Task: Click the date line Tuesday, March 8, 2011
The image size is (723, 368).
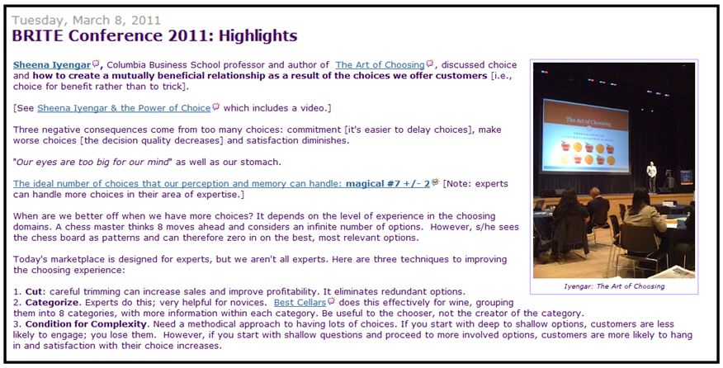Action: (86, 21)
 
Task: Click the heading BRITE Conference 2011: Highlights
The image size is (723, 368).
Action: (155, 35)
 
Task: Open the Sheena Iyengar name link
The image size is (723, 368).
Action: (52, 65)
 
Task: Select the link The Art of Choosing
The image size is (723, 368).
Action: (380, 65)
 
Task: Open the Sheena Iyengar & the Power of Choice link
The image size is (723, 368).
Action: (124, 108)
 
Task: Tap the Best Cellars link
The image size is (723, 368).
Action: (300, 303)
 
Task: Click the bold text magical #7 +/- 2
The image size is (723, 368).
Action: (388, 183)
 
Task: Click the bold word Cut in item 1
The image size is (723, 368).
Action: (34, 292)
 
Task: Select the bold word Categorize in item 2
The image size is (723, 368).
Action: (52, 303)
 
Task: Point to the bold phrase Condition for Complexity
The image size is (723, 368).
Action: (86, 324)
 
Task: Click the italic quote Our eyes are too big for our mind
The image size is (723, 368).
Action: (92, 162)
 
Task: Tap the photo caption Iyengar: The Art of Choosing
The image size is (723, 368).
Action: (614, 286)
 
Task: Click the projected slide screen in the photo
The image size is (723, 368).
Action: (586, 135)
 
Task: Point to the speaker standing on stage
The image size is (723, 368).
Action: (651, 176)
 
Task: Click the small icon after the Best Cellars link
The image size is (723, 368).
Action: (331, 302)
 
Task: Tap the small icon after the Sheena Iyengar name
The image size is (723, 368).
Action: (96, 64)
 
